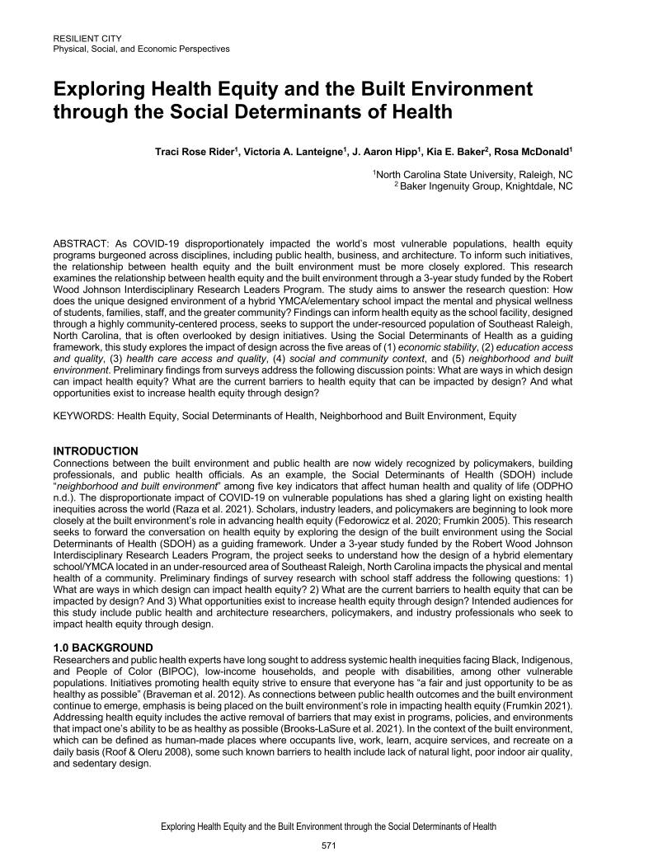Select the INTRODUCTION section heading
[x=96, y=450]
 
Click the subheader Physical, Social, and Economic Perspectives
[x=141, y=49]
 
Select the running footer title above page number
[x=329, y=825]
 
